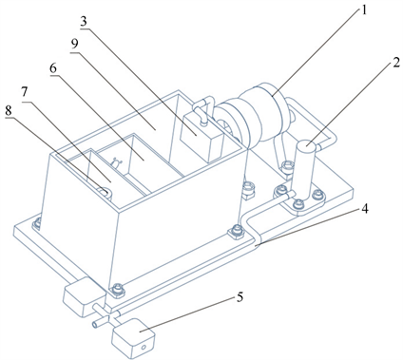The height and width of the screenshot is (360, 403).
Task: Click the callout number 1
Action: click(x=364, y=10)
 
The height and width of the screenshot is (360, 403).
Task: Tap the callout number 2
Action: click(x=395, y=63)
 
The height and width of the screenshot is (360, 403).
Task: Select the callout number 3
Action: click(x=84, y=22)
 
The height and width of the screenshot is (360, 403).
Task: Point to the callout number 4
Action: click(x=365, y=209)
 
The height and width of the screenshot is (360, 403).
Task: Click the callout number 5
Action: click(x=240, y=297)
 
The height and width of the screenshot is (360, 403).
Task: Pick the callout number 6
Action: click(x=53, y=68)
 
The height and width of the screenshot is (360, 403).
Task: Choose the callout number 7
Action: click(x=25, y=92)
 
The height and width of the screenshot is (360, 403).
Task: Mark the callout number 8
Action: click(x=9, y=110)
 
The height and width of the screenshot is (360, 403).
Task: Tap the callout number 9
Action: click(x=74, y=44)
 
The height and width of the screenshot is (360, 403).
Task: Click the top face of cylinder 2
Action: click(x=307, y=146)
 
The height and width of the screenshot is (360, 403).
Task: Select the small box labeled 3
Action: click(x=201, y=138)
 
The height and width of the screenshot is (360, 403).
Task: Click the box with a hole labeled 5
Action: click(x=133, y=338)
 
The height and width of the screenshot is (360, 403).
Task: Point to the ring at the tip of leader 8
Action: click(x=105, y=193)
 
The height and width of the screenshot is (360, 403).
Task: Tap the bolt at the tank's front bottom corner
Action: click(x=117, y=290)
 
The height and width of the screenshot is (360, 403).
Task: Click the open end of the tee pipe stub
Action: click(x=95, y=324)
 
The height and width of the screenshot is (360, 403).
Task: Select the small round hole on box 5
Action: click(x=144, y=348)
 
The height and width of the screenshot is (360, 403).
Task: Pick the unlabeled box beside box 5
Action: click(x=85, y=296)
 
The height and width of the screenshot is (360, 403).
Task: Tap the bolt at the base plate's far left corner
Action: click(x=37, y=223)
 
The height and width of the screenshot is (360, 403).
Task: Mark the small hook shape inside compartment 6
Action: click(x=116, y=162)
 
